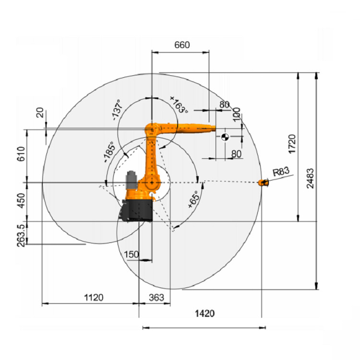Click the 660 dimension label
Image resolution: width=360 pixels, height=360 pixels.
(x=182, y=45)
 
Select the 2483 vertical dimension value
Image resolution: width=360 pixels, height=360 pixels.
(x=310, y=179)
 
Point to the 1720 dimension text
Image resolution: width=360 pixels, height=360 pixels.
(x=292, y=144)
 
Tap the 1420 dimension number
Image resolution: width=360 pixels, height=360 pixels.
(x=205, y=313)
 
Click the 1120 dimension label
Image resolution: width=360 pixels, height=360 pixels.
(x=94, y=298)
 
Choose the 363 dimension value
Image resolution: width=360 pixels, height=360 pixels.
(x=156, y=298)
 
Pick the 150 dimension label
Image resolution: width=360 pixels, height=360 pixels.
(x=132, y=254)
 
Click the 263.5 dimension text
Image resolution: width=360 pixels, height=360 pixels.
(x=21, y=236)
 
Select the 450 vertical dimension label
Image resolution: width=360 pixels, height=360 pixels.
(x=21, y=201)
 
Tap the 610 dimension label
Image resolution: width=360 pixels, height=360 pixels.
(x=21, y=154)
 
